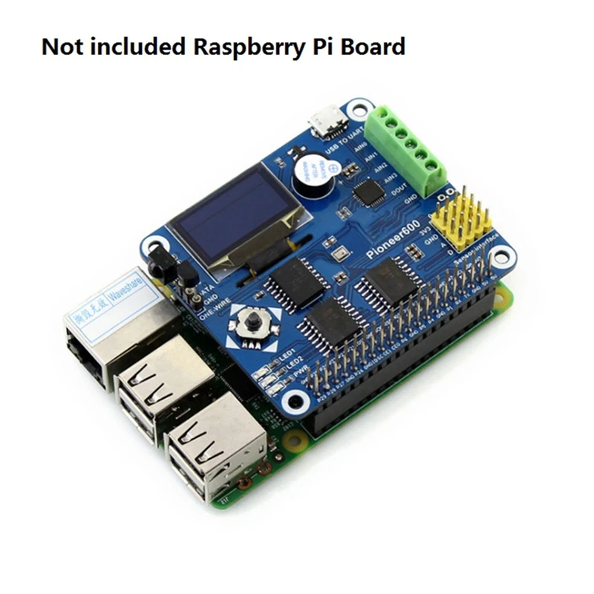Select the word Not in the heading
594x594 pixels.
pyautogui.click(x=62, y=47)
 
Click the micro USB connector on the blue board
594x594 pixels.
pyautogui.click(x=327, y=121)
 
